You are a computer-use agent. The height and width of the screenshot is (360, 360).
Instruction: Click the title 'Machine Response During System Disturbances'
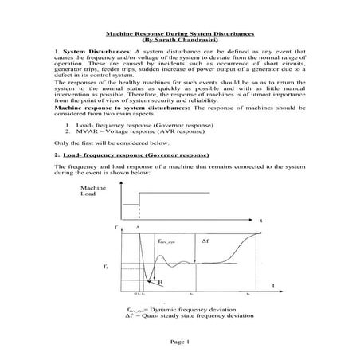click(179, 33)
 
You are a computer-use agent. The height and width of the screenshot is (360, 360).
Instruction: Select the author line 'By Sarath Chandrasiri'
click(179, 40)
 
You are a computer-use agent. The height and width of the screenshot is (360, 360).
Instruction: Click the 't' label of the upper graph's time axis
click(261, 220)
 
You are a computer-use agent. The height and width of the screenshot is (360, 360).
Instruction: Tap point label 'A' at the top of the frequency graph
click(137, 228)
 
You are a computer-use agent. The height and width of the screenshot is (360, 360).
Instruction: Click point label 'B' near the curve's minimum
click(160, 282)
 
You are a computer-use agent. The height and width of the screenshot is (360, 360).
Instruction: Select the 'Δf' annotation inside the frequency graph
click(205, 240)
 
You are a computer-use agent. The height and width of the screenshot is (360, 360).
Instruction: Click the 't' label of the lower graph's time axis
click(273, 284)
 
